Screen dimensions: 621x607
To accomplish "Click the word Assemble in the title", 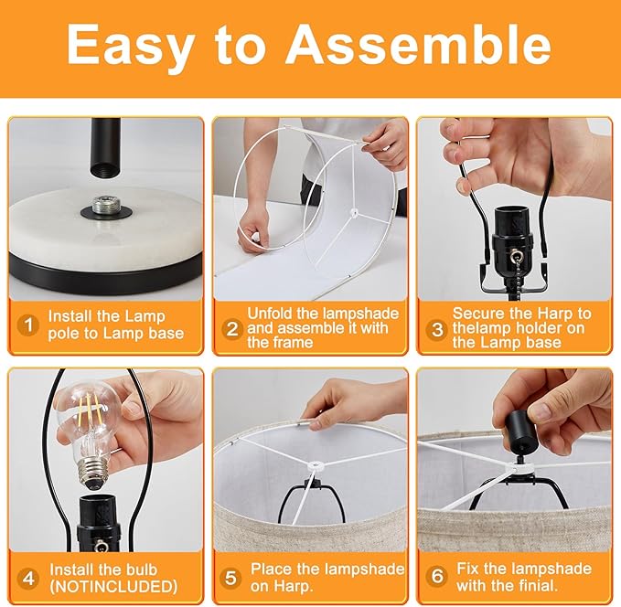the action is [x=418, y=45].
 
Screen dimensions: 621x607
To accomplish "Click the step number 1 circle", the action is [x=28, y=325].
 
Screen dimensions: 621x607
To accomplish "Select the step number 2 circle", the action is [x=232, y=329].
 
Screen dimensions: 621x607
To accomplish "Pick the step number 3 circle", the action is [x=437, y=329].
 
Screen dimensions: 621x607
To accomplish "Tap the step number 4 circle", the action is [x=28, y=579].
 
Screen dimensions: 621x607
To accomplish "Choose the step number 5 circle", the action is [x=230, y=578].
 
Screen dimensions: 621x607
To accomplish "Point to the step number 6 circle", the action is [x=437, y=576].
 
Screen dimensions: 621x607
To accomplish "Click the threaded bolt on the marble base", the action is [x=106, y=205].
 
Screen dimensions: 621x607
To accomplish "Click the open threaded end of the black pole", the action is [x=105, y=170].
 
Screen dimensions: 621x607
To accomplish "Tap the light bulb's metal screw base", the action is [x=94, y=474].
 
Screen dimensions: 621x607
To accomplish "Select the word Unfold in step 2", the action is [x=270, y=314].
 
